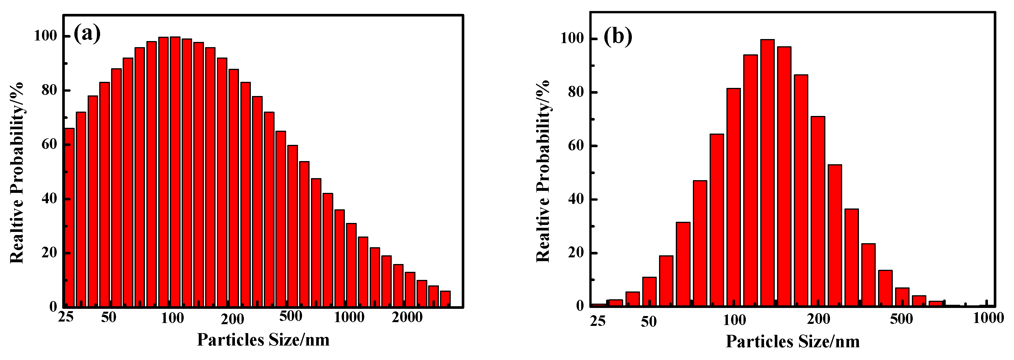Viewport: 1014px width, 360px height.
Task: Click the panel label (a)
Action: pyautogui.click(x=87, y=34)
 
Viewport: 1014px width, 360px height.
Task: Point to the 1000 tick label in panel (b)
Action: pyautogui.click(x=988, y=318)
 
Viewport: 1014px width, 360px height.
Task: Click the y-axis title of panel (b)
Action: pyautogui.click(x=543, y=171)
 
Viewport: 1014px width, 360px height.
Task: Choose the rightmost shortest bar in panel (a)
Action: pyautogui.click(x=445, y=299)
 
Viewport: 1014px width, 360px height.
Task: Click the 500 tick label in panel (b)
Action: pyautogui.click(x=901, y=319)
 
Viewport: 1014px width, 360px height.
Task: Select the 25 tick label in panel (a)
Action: pyautogui.click(x=66, y=317)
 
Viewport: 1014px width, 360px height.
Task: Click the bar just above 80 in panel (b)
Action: pyautogui.click(x=733, y=197)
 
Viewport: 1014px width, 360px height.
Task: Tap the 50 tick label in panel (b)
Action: pyautogui.click(x=649, y=322)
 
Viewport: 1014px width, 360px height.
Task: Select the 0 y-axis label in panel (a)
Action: pyautogui.click(x=54, y=307)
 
